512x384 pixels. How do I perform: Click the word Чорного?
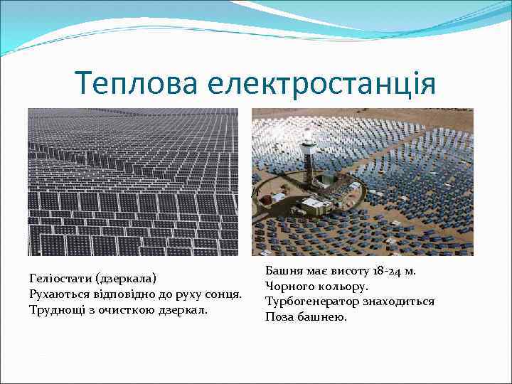[x=288, y=286]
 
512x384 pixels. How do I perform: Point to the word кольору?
[x=343, y=286]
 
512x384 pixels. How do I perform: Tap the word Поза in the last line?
[x=279, y=317]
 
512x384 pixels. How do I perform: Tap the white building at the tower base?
[x=313, y=206]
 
